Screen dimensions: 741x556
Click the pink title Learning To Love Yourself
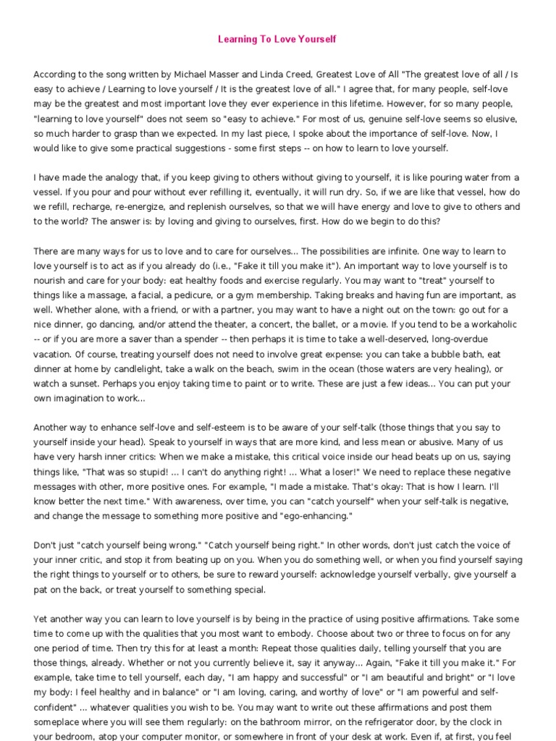pyautogui.click(x=277, y=39)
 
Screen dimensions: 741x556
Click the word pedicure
pyautogui.click(x=208, y=295)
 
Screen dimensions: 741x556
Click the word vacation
pyautogui.click(x=54, y=354)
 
